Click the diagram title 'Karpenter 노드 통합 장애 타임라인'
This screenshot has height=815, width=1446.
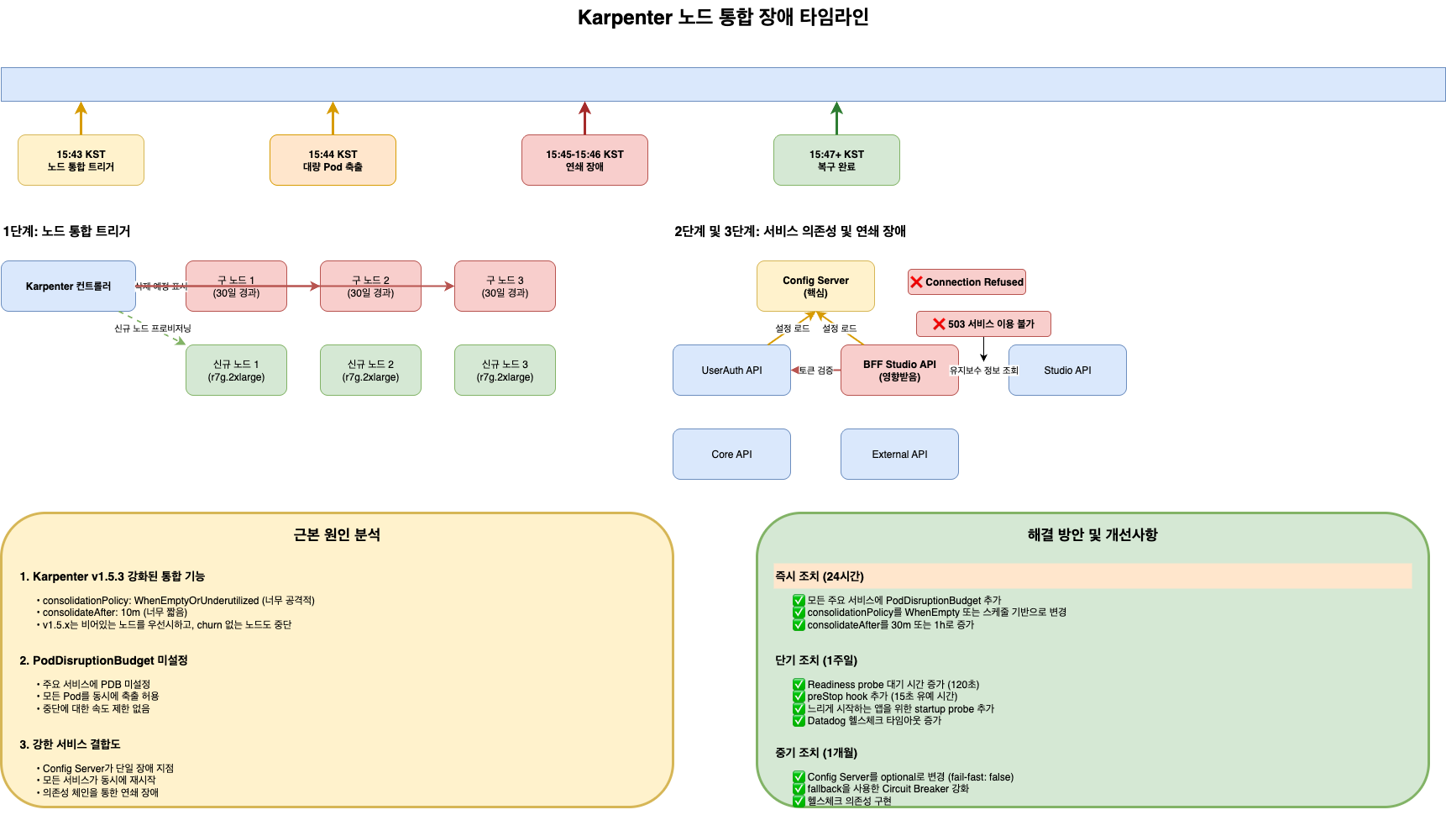723,18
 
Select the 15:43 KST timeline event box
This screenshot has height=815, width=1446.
81,160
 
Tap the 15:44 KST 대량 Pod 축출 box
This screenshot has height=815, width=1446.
333,160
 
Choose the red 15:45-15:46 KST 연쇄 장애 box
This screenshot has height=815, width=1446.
584,160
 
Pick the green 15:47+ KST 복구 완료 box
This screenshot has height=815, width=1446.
836,160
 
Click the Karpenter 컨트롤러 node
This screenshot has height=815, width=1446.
68,287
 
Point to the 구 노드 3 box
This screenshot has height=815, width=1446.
505,287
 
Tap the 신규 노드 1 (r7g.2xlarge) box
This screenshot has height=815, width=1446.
236,371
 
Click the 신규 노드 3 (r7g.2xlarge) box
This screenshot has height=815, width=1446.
505,371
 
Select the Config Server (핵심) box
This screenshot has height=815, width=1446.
815,287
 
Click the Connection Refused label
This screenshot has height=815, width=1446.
967,282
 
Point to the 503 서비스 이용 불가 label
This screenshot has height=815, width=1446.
983,324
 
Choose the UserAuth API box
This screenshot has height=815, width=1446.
731,371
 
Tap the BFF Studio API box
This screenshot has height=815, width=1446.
899,371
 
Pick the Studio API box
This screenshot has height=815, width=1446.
1067,371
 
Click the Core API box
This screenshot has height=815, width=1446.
731,455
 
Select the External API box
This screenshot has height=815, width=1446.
899,455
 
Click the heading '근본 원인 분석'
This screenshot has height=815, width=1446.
337,535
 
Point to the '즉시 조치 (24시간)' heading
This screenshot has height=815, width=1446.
820,576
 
